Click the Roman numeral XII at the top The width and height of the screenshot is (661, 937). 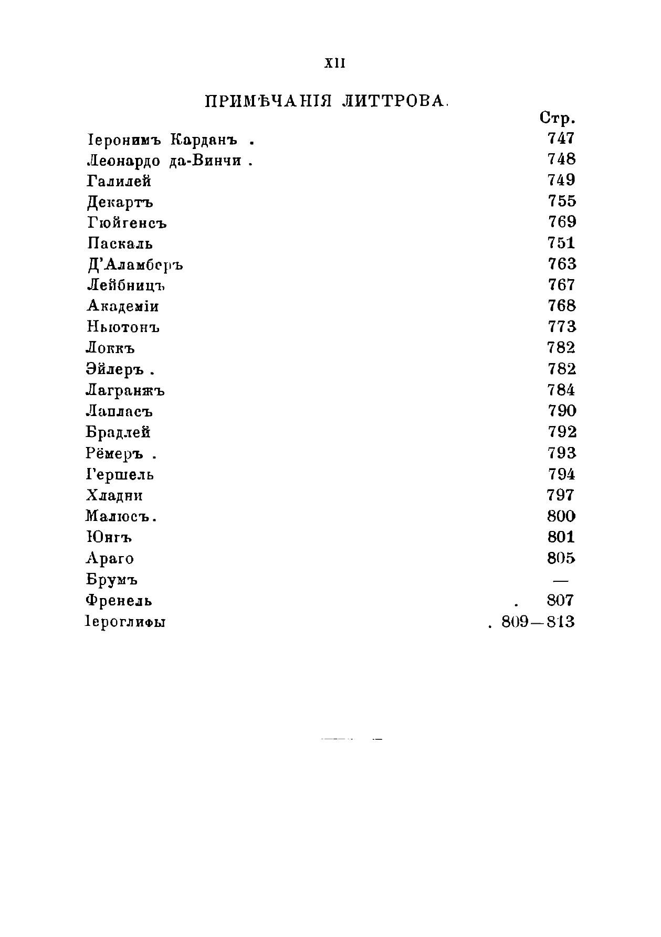click(x=334, y=63)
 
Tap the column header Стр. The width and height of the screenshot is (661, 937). click(x=557, y=119)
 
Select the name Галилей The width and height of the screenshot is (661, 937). click(x=119, y=181)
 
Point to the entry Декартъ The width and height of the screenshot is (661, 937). click(x=120, y=202)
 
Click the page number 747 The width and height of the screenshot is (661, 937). click(x=561, y=139)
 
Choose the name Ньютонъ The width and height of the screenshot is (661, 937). click(x=123, y=327)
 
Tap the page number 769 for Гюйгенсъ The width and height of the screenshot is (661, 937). click(x=562, y=222)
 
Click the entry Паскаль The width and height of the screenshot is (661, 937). click(x=120, y=243)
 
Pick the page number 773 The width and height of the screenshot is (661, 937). click(x=562, y=327)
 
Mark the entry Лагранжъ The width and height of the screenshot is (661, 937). click(x=125, y=391)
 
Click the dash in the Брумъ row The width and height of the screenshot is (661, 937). click(x=561, y=580)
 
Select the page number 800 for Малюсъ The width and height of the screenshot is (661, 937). click(x=561, y=516)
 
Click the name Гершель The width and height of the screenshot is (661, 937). click(x=120, y=475)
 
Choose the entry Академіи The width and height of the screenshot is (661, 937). click(x=123, y=306)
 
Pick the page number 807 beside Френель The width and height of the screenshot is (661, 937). click(x=560, y=601)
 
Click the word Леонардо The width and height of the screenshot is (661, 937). click(x=123, y=161)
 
